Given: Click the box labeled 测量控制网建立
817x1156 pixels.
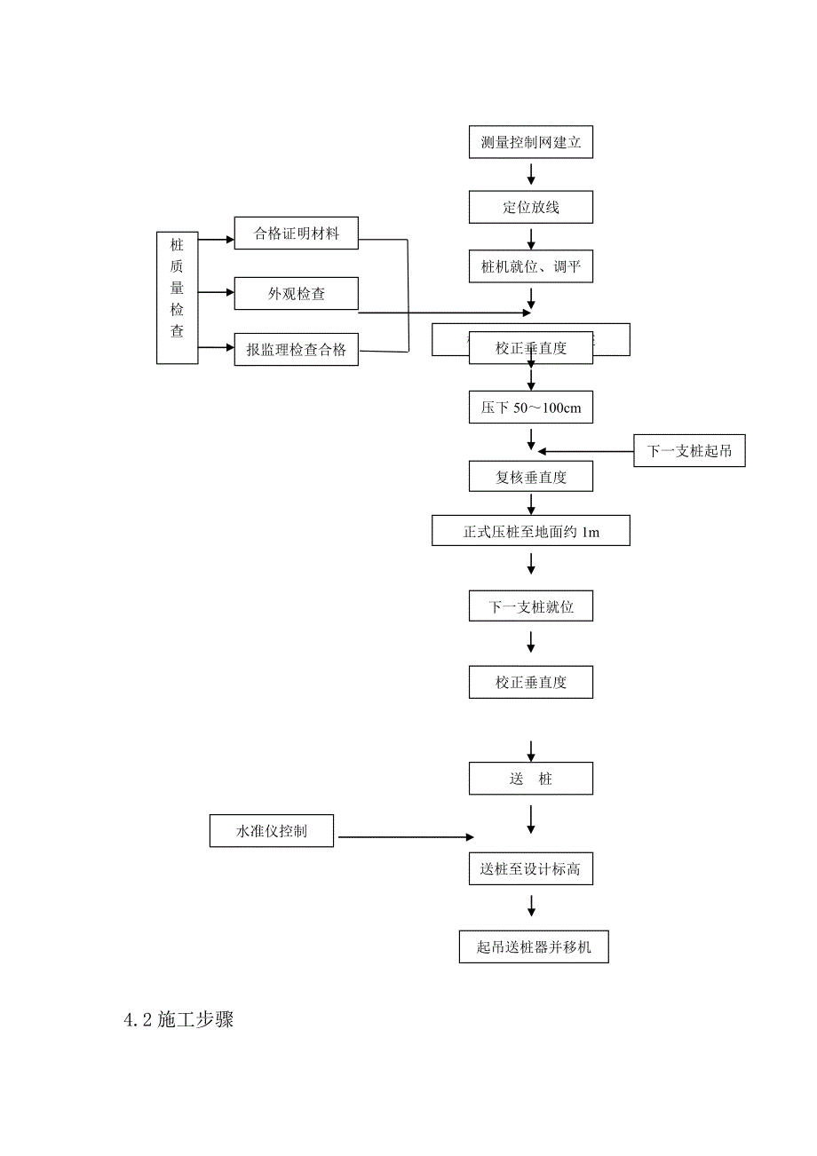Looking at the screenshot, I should pos(530,142).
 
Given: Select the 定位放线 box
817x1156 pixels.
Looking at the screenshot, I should pos(530,208).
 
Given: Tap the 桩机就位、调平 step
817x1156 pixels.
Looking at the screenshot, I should pos(530,266).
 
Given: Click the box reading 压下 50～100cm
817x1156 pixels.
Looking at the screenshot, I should pos(530,408).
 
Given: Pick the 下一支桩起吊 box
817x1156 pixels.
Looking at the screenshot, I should pos(689,451).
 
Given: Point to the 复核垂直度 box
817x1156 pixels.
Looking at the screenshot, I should pos(530,477).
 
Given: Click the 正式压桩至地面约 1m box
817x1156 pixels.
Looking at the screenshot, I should pos(530,531).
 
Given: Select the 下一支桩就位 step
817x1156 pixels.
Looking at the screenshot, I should pos(530,607).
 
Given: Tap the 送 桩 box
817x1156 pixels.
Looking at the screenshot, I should pos(530,779).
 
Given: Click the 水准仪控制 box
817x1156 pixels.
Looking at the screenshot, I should pos(272,831).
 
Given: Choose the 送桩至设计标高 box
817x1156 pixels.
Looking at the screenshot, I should pos(530,869).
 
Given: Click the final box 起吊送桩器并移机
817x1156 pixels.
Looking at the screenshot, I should pos(534,946).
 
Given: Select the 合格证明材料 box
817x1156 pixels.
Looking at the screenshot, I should pos(296,234).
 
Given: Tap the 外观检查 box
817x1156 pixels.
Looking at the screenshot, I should pos(296,294).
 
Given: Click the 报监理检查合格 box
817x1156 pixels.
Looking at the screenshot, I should pos(296,350).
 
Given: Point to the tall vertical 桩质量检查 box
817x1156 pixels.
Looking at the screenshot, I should pos(178,298).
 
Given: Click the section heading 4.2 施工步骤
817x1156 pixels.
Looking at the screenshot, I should pos(178,1020).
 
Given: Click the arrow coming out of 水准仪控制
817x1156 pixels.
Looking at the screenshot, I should pos(405,836).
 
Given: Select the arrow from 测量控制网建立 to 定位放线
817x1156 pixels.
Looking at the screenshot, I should pos(531,173).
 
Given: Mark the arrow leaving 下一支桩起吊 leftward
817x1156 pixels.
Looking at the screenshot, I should pos(585,451).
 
